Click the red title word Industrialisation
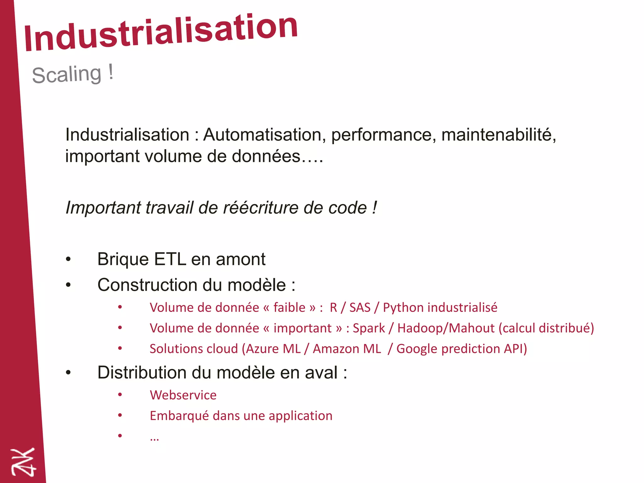(160, 33)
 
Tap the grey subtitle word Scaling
(67, 75)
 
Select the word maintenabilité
(499, 135)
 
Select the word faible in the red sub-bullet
(289, 308)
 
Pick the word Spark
(369, 328)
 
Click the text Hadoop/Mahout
(446, 328)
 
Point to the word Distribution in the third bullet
(142, 373)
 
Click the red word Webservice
(183, 395)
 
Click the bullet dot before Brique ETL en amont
(68, 259)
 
